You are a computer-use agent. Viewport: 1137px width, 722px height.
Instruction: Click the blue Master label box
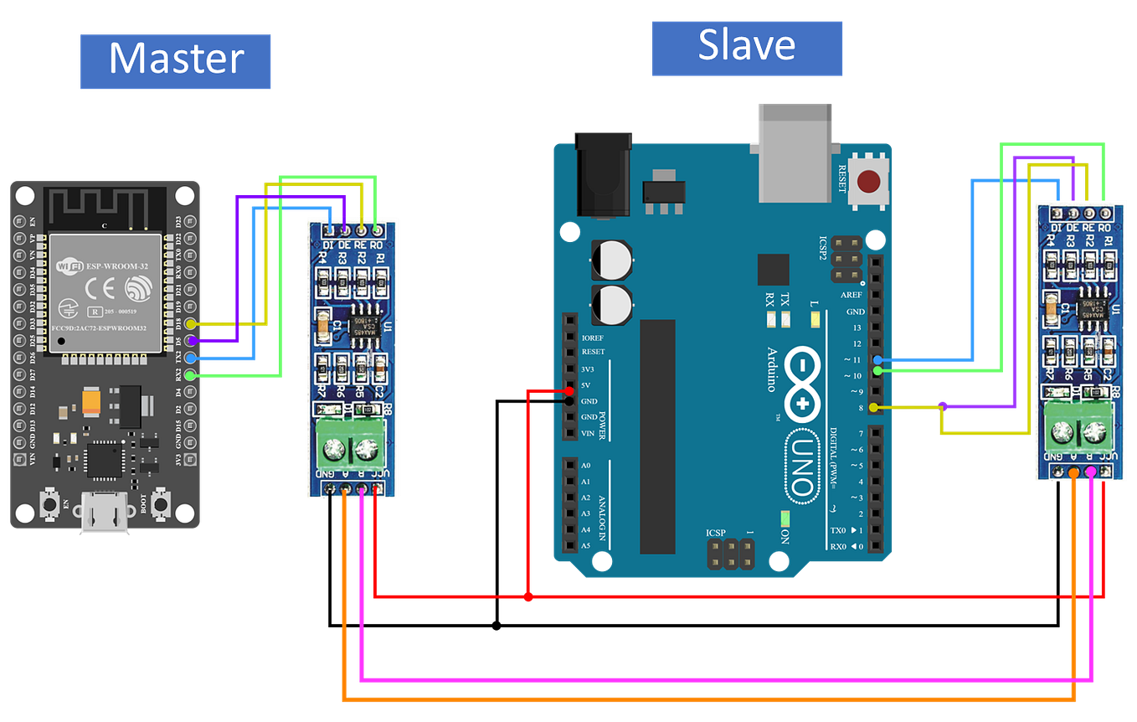coord(176,61)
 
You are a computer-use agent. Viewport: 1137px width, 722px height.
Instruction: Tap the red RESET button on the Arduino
coord(870,180)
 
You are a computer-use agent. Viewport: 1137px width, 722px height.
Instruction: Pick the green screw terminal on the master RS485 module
coord(352,447)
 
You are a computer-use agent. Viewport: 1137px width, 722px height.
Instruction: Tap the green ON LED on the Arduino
coord(785,518)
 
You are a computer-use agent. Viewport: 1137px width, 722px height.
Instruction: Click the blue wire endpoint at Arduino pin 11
coord(876,360)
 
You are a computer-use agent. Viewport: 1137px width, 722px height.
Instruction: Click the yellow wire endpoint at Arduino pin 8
coord(875,408)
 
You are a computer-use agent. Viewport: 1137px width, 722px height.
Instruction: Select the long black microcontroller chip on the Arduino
coord(657,436)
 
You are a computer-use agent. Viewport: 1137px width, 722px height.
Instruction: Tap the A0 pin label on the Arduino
coord(586,465)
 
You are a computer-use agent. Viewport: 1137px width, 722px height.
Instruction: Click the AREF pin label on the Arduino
coord(851,295)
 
